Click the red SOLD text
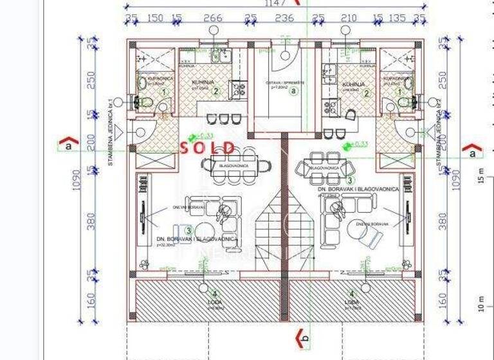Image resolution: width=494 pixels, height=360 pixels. [x=206, y=147]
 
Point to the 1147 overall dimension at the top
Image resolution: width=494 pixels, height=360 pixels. [x=274, y=3]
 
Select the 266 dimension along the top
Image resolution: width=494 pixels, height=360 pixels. [x=212, y=18]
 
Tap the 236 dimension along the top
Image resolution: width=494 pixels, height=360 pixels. [x=284, y=18]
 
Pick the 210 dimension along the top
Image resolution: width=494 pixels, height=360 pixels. [x=348, y=18]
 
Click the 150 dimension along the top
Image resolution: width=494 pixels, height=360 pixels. [x=155, y=18]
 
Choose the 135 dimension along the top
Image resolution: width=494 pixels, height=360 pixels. [x=398, y=18]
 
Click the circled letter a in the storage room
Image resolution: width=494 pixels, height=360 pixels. [x=294, y=91]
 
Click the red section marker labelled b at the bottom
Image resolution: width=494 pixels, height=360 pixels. [x=302, y=337]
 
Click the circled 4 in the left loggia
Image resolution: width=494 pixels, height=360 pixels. [x=205, y=294]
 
